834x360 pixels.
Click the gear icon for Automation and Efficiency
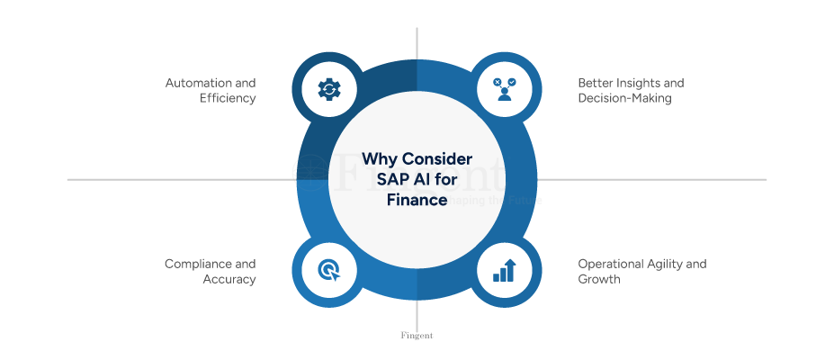(329, 88)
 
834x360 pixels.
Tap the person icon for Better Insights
(504, 88)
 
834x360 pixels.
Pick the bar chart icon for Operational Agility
(504, 271)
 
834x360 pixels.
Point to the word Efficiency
(229, 98)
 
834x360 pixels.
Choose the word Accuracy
(229, 279)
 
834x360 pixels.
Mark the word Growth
(598, 279)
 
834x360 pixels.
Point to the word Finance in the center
(417, 200)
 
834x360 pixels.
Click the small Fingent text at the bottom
(417, 335)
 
